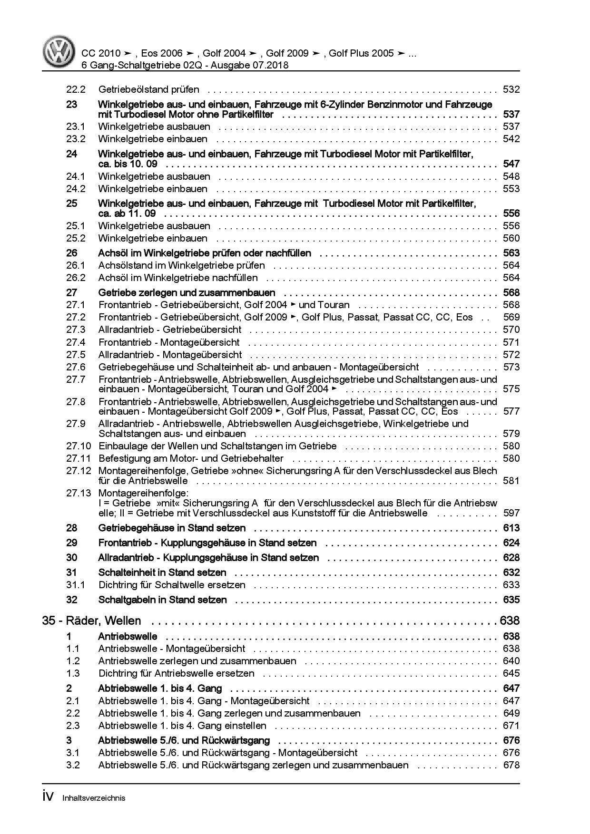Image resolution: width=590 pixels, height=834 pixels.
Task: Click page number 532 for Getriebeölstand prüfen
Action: pyautogui.click(x=511, y=89)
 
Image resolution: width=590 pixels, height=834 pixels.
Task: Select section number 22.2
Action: pyautogui.click(x=76, y=89)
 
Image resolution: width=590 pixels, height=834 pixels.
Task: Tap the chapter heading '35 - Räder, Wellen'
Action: pyautogui.click(x=92, y=621)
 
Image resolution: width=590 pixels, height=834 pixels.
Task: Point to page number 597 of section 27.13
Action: pyautogui.click(x=511, y=513)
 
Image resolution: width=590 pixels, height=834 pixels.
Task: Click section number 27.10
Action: pyautogui.click(x=79, y=446)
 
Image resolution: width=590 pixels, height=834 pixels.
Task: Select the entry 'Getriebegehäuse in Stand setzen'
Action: pyautogui.click(x=172, y=528)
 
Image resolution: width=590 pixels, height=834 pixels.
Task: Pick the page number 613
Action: pyautogui.click(x=511, y=528)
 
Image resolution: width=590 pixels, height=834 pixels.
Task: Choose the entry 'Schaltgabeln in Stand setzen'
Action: pyautogui.click(x=162, y=600)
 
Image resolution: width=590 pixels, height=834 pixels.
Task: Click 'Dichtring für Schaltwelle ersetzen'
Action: pyautogui.click(x=172, y=585)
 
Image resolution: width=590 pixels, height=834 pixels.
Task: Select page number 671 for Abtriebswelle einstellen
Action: pyautogui.click(x=511, y=726)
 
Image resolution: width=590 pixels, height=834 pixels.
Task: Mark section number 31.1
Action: pyautogui.click(x=76, y=585)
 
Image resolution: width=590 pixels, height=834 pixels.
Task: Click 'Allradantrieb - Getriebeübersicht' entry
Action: pyautogui.click(x=170, y=330)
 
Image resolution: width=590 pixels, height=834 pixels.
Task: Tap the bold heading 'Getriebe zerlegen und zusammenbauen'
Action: pyautogui.click(x=187, y=292)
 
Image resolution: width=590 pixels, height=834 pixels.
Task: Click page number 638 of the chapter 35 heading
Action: pyautogui.click(x=510, y=621)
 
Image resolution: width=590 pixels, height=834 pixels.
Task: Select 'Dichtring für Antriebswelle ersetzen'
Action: pyautogui.click(x=177, y=673)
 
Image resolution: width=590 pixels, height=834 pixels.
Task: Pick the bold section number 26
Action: pyautogui.click(x=71, y=253)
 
